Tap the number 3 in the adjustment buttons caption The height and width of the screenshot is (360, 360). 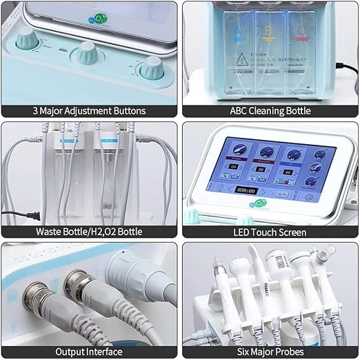[36, 110]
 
